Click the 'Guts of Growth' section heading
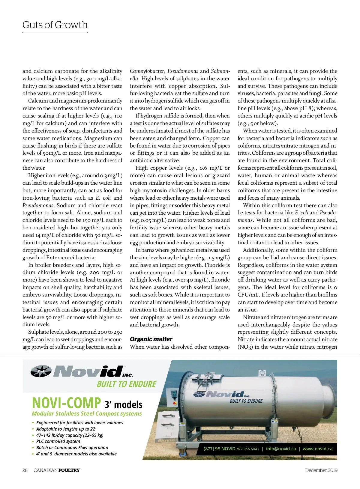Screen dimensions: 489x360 click(x=55, y=25)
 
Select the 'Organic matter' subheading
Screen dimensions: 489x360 click(x=151, y=339)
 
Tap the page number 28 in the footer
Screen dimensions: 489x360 click(x=25, y=470)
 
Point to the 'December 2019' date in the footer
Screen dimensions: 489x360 click(x=321, y=470)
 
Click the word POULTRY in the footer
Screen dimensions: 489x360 click(x=69, y=470)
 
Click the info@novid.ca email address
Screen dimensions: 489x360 click(x=281, y=449)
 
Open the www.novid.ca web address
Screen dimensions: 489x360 click(x=317, y=449)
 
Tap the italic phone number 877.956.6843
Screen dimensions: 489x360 click(x=248, y=449)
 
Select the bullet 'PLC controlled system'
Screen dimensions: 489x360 click(x=58, y=441)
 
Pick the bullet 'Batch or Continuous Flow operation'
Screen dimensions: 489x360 click(x=72, y=448)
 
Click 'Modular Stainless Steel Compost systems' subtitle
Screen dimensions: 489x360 click(x=87, y=414)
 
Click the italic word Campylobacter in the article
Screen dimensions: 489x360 click(x=147, y=71)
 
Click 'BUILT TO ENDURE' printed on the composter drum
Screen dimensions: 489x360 click(x=246, y=401)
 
